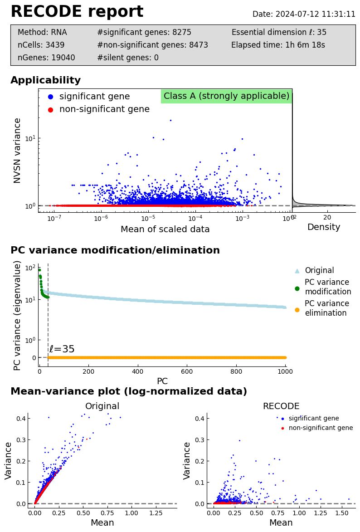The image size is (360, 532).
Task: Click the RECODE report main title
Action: click(x=77, y=12)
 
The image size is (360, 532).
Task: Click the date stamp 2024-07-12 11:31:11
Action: click(x=304, y=14)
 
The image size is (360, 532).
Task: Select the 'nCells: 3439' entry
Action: click(x=41, y=45)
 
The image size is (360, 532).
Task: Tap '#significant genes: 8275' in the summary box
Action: click(x=144, y=32)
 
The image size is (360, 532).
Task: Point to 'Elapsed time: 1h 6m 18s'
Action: click(x=278, y=45)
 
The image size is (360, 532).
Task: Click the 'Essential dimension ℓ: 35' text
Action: click(x=279, y=32)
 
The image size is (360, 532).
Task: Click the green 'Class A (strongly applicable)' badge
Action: click(x=226, y=96)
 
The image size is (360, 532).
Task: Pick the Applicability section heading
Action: click(x=45, y=81)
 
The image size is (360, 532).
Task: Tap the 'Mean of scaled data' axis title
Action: click(x=165, y=229)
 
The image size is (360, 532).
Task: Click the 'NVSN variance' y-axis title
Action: click(x=17, y=150)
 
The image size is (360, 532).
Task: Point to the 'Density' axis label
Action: click(x=323, y=227)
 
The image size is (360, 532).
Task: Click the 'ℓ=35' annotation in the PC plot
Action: click(x=62, y=349)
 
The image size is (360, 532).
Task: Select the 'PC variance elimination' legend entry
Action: click(x=326, y=308)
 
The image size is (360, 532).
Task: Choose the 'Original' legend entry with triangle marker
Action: click(x=319, y=270)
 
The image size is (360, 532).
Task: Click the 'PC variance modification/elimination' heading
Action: click(x=115, y=251)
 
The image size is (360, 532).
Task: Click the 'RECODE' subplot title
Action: click(x=281, y=406)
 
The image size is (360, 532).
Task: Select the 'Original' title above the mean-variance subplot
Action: click(x=102, y=406)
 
